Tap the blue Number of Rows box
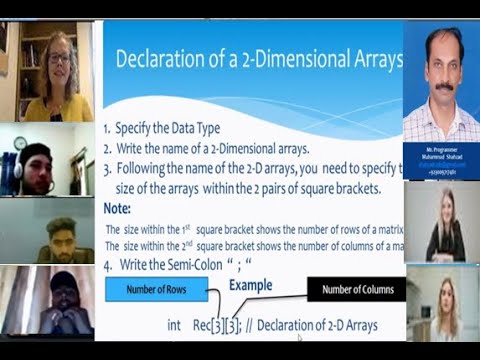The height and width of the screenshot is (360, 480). point(155,291)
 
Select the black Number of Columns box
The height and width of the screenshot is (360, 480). point(356,290)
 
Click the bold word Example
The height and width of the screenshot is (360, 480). point(251,286)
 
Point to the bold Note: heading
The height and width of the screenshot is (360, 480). point(117,209)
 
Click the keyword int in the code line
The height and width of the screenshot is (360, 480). point(175,326)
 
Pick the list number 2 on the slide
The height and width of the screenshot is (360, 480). point(107,148)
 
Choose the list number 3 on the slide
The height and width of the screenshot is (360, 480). point(107,167)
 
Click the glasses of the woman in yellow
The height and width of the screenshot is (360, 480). point(59,58)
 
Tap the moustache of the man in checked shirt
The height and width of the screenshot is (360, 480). point(444,86)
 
